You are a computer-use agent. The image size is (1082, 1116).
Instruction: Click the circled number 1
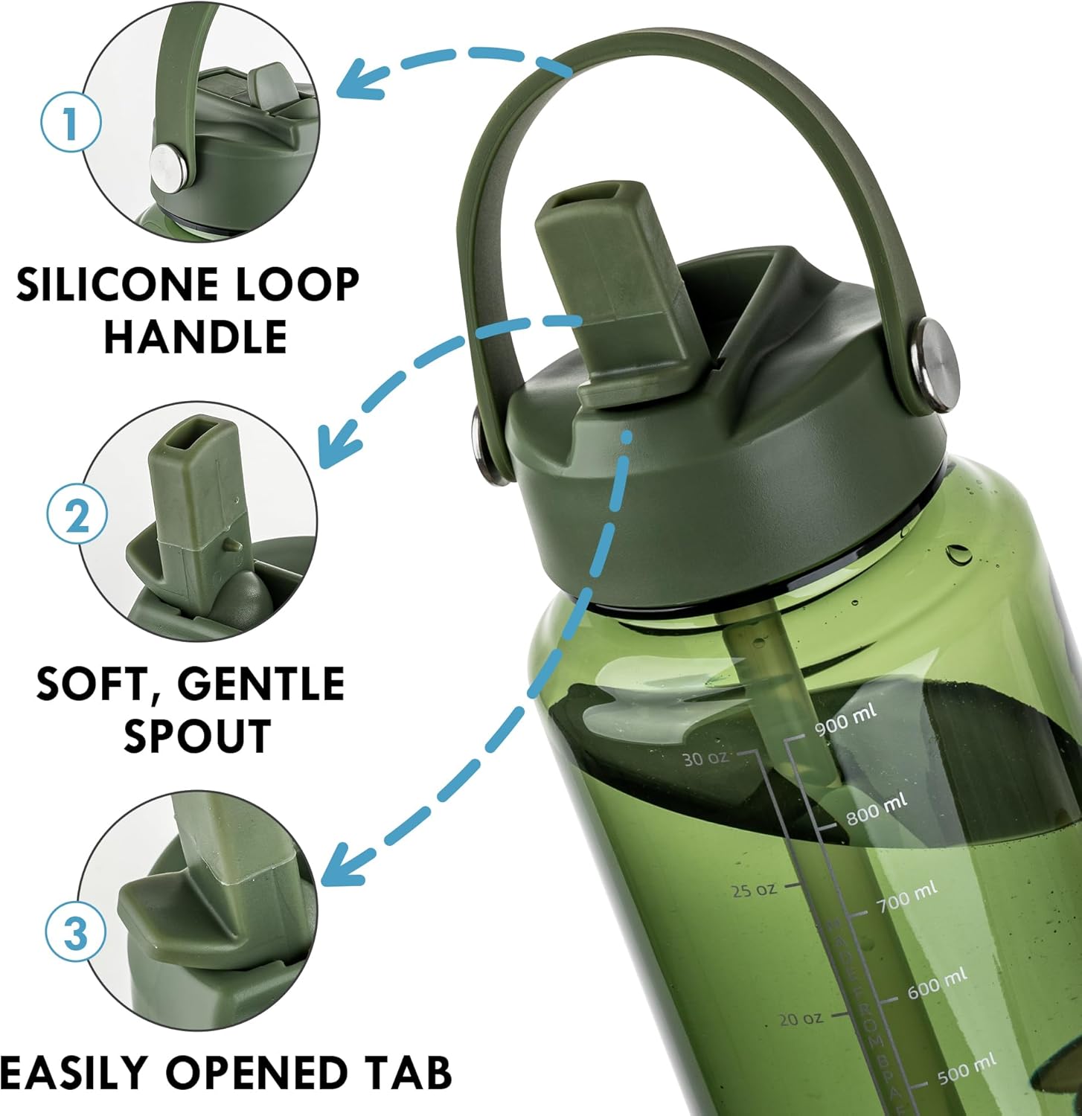pos(70,123)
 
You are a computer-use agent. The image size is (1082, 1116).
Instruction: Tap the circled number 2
pos(77,515)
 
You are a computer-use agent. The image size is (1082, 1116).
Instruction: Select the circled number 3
pos(76,931)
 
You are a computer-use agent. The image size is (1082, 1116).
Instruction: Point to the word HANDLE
pos(195,336)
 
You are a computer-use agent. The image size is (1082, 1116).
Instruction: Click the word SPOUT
pos(196,737)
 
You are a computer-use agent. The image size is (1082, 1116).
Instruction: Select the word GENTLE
pos(260,684)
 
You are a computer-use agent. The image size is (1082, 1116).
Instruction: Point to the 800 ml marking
pos(876,808)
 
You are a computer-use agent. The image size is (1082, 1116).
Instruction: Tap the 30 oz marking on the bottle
pos(705,759)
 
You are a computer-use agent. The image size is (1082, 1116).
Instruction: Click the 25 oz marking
pos(754,890)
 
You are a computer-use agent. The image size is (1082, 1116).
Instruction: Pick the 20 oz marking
pos(801,1019)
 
